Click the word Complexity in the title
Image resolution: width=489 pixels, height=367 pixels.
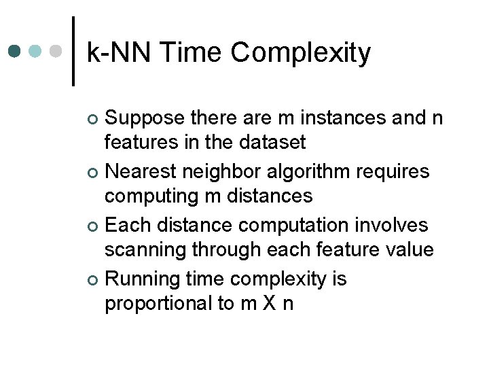click(301, 52)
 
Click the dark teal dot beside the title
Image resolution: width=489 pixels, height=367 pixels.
click(16, 52)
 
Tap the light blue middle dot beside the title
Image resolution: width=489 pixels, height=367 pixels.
click(37, 52)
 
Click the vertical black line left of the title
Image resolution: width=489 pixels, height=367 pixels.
click(73, 52)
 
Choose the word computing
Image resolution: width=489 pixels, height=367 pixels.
click(149, 196)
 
